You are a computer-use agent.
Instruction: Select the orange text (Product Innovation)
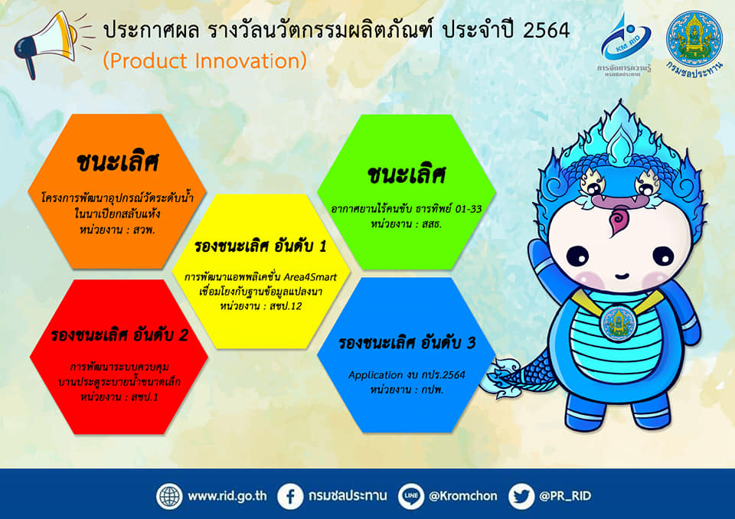pyautogui.click(x=204, y=60)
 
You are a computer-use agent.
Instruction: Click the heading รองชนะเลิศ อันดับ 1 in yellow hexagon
pyautogui.click(x=262, y=249)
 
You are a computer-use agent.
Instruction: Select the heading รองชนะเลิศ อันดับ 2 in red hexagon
pyautogui.click(x=119, y=335)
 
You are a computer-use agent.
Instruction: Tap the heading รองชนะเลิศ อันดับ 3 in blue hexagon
pyautogui.click(x=407, y=343)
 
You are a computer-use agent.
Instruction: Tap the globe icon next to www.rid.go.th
pyautogui.click(x=169, y=496)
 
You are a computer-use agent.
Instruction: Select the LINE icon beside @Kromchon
pyautogui.click(x=411, y=496)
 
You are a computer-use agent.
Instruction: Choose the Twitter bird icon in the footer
pyautogui.click(x=521, y=496)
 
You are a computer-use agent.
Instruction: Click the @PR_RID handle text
pyautogui.click(x=565, y=496)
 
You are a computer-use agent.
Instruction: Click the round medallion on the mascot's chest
pyautogui.click(x=615, y=323)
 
